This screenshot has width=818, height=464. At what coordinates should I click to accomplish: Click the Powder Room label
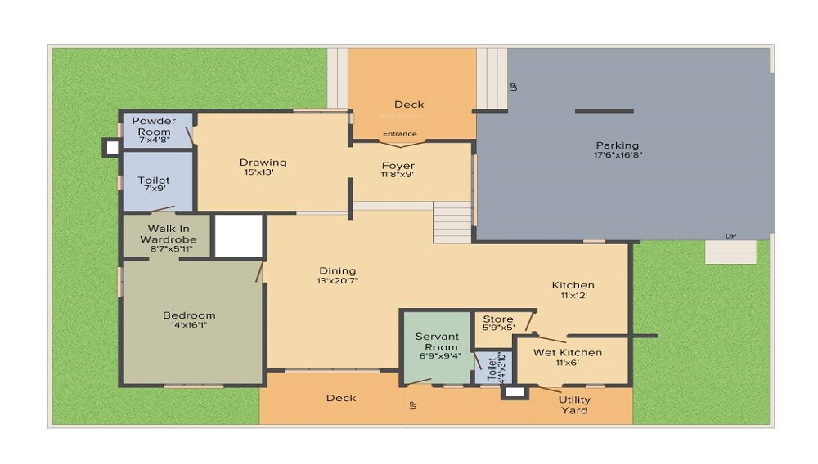click(154, 126)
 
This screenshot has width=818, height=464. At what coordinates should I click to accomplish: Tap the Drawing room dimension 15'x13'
click(259, 172)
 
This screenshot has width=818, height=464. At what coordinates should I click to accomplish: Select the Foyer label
click(398, 166)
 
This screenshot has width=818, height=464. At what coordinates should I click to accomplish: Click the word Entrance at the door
click(400, 134)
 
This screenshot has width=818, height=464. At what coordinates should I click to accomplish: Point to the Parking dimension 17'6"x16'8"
click(618, 155)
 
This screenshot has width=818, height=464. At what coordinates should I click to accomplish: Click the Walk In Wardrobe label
click(169, 234)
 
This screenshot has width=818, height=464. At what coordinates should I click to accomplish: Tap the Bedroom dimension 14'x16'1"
click(189, 325)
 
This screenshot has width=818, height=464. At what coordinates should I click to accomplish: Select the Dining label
click(338, 270)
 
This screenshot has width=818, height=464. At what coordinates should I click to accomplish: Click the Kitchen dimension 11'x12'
click(573, 295)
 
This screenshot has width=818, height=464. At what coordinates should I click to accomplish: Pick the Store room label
click(498, 319)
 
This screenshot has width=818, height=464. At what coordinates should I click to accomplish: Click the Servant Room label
click(437, 341)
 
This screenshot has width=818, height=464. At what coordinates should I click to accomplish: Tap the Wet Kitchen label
click(568, 353)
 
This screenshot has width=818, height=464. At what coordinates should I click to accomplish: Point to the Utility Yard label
click(574, 405)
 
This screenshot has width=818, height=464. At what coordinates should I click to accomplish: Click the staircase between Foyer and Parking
click(453, 223)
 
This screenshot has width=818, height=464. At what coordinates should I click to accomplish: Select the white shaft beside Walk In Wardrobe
click(239, 236)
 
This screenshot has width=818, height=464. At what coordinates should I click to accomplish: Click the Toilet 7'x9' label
click(154, 181)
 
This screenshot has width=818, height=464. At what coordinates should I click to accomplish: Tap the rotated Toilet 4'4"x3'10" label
click(496, 368)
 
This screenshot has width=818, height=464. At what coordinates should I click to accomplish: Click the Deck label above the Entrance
click(409, 105)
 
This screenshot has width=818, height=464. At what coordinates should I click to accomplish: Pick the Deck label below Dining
click(341, 398)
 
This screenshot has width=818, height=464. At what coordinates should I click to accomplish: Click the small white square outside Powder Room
click(112, 147)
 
